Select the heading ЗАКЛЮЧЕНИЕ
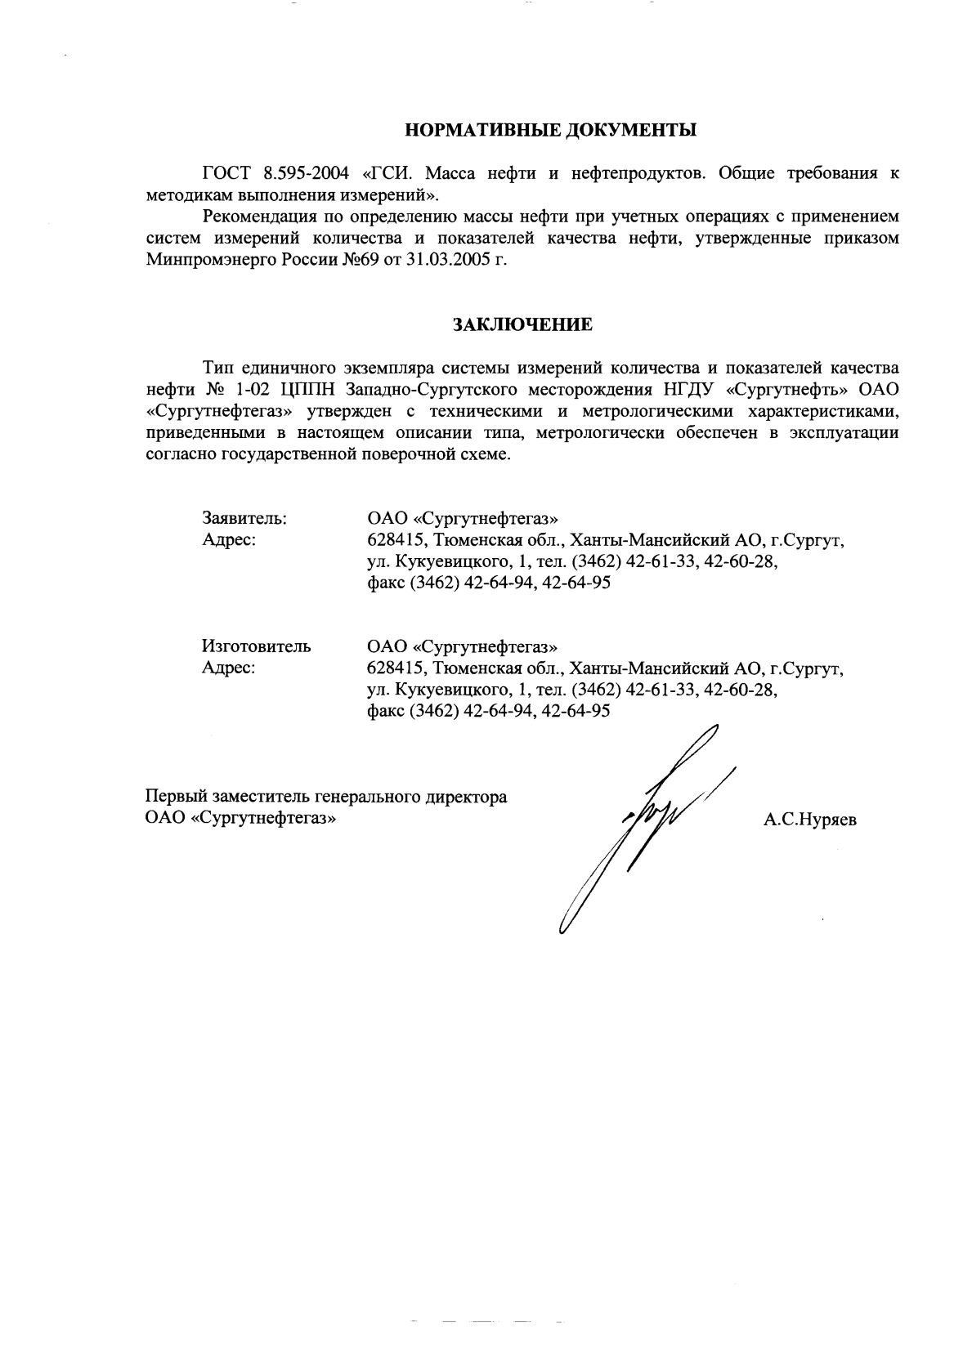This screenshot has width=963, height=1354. (523, 324)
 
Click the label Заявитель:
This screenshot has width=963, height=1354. (244, 518)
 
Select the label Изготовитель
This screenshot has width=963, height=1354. (256, 646)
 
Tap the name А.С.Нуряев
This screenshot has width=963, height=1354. (810, 820)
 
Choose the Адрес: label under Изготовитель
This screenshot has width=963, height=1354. (229, 668)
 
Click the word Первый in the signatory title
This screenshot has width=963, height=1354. (175, 797)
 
